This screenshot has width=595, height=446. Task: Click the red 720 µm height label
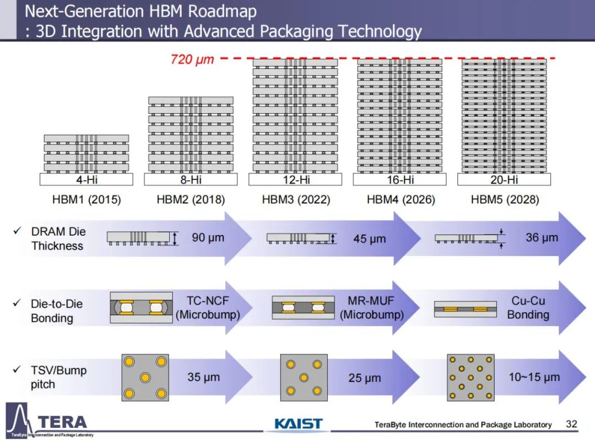coord(192,59)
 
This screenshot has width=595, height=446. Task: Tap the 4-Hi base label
coord(86,180)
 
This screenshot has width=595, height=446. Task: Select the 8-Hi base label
coord(191,180)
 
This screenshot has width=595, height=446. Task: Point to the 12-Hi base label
coord(295,180)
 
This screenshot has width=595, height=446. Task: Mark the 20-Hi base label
coord(504,180)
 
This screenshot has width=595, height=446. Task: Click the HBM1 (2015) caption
coord(86,200)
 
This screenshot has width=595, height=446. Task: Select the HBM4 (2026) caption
coord(401,200)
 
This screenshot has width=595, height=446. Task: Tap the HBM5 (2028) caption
coord(505,200)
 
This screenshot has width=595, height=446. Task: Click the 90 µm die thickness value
coord(208,238)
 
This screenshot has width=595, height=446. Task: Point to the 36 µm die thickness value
coord(542,238)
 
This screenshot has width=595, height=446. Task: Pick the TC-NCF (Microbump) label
coord(207,308)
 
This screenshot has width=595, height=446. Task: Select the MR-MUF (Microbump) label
coord(371,308)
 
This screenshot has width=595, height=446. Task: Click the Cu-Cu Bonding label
coord(528,308)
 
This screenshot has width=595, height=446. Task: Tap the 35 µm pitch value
coord(203,378)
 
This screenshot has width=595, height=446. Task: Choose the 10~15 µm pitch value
coord(534,378)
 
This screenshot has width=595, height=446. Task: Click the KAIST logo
coord(298,424)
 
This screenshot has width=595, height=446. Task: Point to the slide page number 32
coord(571,424)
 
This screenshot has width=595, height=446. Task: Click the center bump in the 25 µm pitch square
coord(304,378)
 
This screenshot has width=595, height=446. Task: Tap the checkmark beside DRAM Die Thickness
coord(17,232)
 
